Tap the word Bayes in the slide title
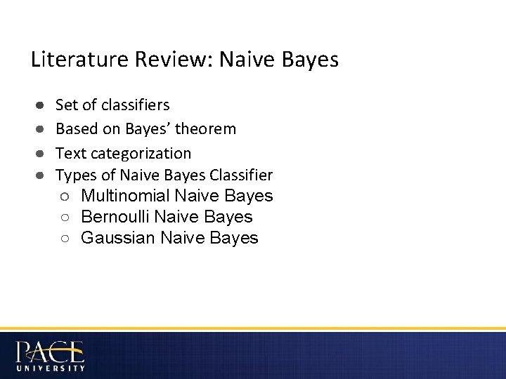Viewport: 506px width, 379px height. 311,60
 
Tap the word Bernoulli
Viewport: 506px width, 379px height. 117,217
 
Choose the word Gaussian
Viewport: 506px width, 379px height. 118,239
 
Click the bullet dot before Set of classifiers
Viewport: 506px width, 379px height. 41,106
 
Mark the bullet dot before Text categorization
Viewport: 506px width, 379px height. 41,154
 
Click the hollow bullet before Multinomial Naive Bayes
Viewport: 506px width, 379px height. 64,197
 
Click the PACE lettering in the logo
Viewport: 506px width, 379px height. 49,351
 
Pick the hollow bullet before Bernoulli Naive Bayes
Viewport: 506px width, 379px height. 64,218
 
